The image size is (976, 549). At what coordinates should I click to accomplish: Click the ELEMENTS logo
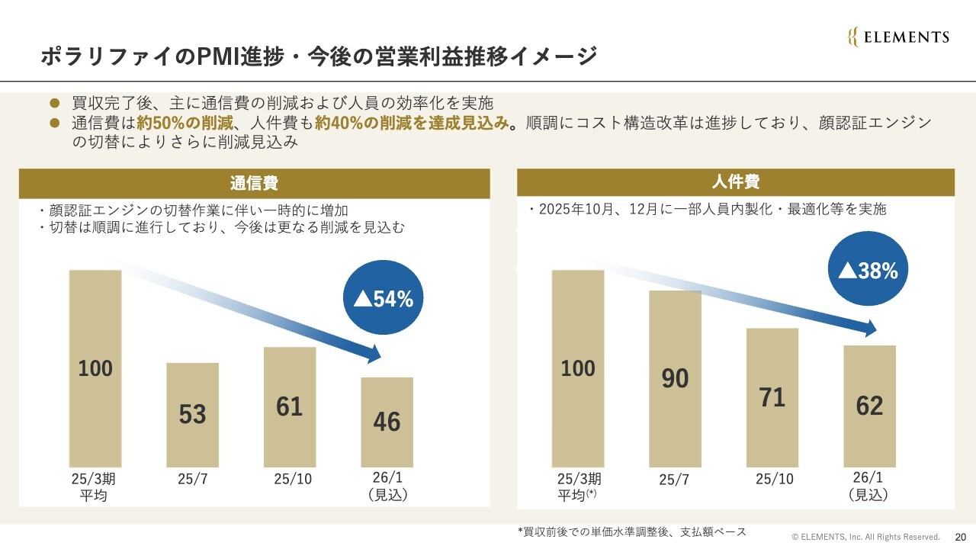click(x=898, y=37)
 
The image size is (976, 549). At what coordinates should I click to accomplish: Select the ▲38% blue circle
click(x=868, y=270)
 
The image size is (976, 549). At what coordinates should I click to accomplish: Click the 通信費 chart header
click(x=254, y=184)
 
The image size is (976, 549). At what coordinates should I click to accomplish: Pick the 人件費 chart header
click(x=736, y=182)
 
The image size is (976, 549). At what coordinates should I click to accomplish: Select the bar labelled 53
click(x=193, y=415)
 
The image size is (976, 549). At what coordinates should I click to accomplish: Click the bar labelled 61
click(x=290, y=406)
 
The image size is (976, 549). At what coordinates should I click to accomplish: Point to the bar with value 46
click(x=387, y=422)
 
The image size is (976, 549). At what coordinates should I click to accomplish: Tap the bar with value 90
click(x=675, y=378)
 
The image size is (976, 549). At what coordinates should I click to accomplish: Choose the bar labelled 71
click(x=772, y=397)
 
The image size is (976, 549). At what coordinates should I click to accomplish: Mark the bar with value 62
click(x=869, y=406)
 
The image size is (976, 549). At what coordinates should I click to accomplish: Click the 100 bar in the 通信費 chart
click(x=95, y=368)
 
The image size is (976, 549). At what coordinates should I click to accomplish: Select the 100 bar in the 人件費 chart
click(x=578, y=368)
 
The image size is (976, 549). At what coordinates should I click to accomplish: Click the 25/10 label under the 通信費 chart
click(x=293, y=480)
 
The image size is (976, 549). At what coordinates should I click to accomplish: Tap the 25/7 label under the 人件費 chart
click(x=674, y=480)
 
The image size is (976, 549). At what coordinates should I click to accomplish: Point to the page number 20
click(x=960, y=536)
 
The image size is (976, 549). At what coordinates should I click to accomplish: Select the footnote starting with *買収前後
click(x=632, y=531)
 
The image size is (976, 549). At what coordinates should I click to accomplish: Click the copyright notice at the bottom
click(x=865, y=537)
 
